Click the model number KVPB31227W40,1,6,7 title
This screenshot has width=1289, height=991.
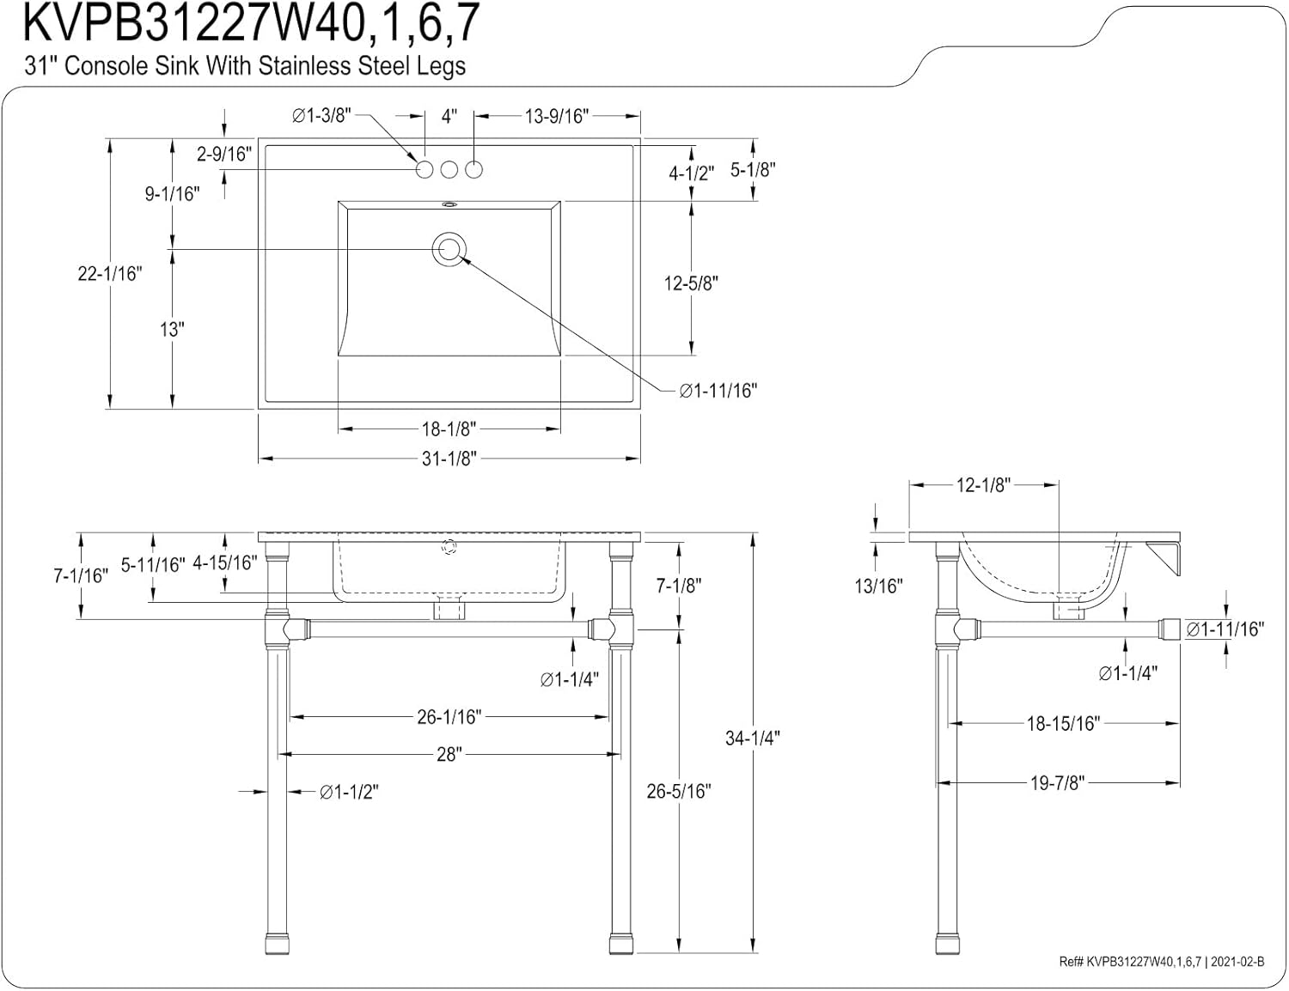pyautogui.click(x=250, y=24)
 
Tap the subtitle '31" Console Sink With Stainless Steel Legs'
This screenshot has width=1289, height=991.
pyautogui.click(x=245, y=66)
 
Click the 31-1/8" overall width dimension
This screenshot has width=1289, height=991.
pyautogui.click(x=449, y=459)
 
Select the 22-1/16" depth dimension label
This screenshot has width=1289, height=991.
pyautogui.click(x=109, y=274)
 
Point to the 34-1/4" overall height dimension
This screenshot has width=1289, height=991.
pyautogui.click(x=752, y=738)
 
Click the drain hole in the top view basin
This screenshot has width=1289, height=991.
pyautogui.click(x=449, y=250)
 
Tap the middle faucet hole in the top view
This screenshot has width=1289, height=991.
pyautogui.click(x=449, y=170)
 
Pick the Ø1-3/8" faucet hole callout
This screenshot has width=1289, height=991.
pyautogui.click(x=321, y=116)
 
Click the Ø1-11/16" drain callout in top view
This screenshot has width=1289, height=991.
pyautogui.click(x=718, y=391)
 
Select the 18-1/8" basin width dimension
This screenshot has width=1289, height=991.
pyautogui.click(x=449, y=429)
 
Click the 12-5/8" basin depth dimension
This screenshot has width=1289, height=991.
pyautogui.click(x=691, y=283)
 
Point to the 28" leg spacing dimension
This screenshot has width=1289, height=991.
pyautogui.click(x=449, y=755)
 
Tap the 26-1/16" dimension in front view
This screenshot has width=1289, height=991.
pyautogui.click(x=449, y=716)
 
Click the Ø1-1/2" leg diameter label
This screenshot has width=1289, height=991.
pyautogui.click(x=349, y=792)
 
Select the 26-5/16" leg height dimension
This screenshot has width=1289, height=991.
pyautogui.click(x=679, y=791)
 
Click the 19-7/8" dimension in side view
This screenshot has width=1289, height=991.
pyautogui.click(x=1057, y=782)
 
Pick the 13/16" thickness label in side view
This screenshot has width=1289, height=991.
pyautogui.click(x=878, y=586)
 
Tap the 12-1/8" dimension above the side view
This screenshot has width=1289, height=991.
pyautogui.click(x=982, y=485)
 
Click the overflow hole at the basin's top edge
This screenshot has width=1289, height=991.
pyautogui.click(x=449, y=205)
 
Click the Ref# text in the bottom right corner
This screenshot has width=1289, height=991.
pyautogui.click(x=1161, y=962)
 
